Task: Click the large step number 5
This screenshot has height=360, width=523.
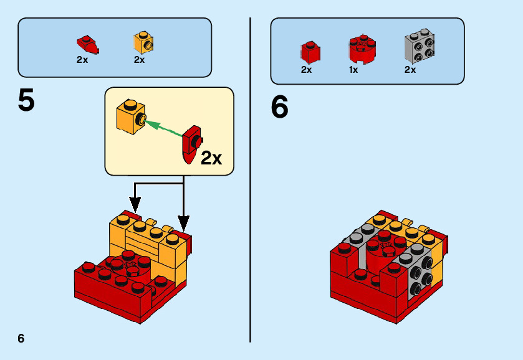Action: point(26,101)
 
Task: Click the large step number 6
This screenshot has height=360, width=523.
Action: point(280,107)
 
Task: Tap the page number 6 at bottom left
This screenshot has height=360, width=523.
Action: point(21,338)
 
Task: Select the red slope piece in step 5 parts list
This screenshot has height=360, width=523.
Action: point(87,44)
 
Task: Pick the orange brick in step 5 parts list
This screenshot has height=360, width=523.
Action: point(143,42)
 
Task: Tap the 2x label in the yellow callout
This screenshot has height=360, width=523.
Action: point(211,159)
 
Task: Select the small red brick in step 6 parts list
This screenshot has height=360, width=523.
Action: point(310,52)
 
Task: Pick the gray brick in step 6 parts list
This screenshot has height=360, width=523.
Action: point(419,46)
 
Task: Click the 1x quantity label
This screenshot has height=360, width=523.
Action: point(353,70)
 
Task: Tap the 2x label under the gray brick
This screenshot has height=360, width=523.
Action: point(410,70)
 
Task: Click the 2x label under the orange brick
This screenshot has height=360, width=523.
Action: point(139,60)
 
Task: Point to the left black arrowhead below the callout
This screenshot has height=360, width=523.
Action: point(135,204)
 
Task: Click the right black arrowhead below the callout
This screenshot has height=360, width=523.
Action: point(183,222)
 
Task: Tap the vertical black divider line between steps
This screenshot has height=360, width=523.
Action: point(250,181)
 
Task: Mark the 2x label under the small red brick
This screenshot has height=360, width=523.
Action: point(306,70)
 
